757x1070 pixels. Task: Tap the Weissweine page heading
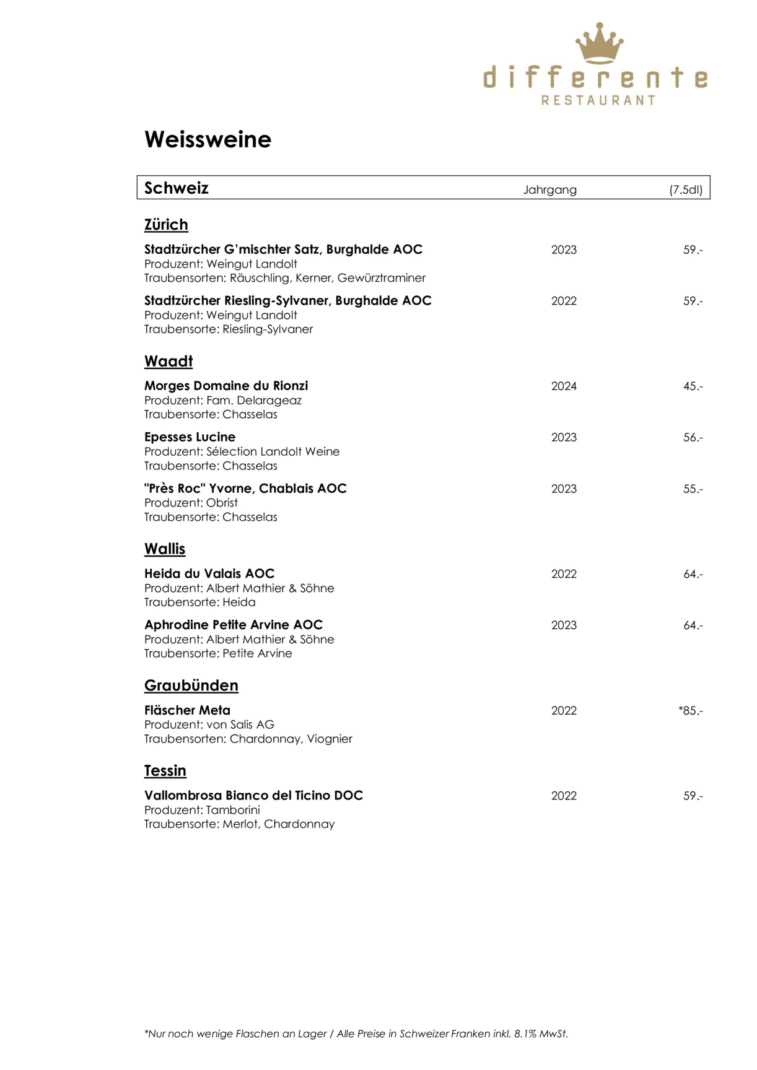click(x=208, y=139)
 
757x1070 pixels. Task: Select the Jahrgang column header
click(x=549, y=189)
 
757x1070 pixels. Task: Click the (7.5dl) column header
click(x=686, y=189)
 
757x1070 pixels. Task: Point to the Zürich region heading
click(x=166, y=225)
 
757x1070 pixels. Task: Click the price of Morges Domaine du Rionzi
click(x=693, y=386)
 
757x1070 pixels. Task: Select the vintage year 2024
click(x=564, y=386)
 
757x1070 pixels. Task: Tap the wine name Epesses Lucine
click(x=190, y=437)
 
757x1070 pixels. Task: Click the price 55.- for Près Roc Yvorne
click(x=693, y=489)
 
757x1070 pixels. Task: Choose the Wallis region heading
click(x=165, y=549)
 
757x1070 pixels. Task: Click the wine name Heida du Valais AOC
click(x=209, y=574)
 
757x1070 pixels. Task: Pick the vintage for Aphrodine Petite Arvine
click(x=564, y=625)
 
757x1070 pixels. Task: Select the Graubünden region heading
click(x=191, y=685)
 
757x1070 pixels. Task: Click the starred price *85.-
click(x=691, y=711)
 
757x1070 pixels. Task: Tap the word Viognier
click(x=330, y=739)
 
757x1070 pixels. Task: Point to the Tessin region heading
click(x=165, y=771)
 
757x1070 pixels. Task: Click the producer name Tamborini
click(x=233, y=810)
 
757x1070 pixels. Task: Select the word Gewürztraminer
click(x=382, y=278)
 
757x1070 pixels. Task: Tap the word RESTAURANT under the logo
click(x=598, y=100)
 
